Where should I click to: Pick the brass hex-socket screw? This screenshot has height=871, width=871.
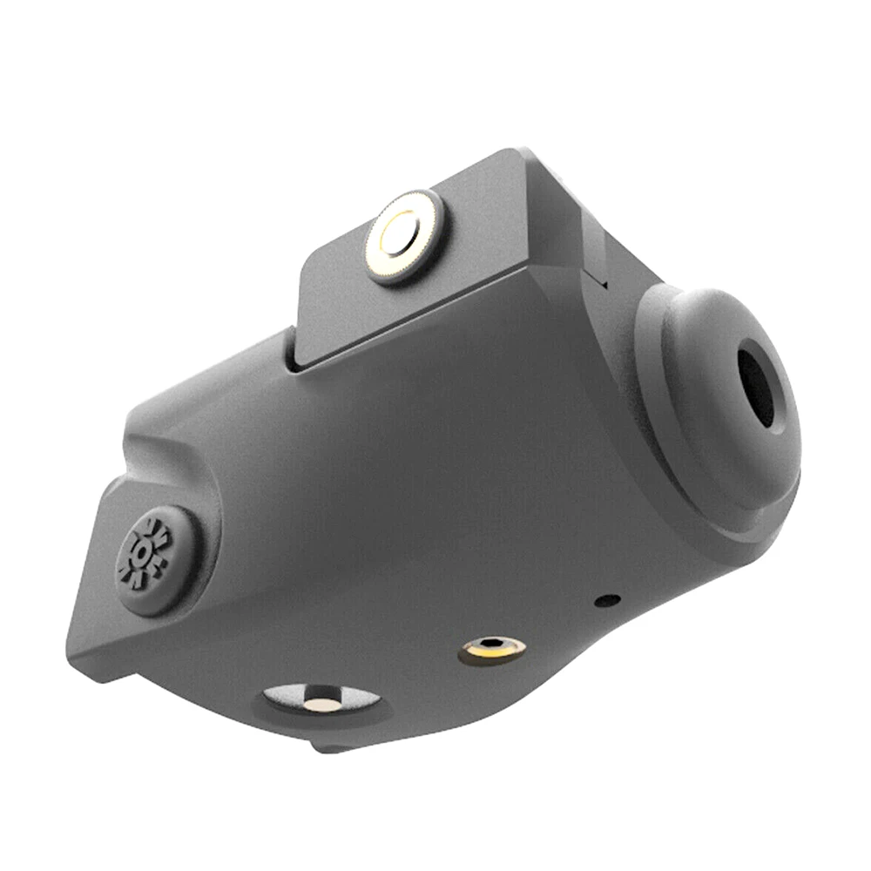click(492, 647)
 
